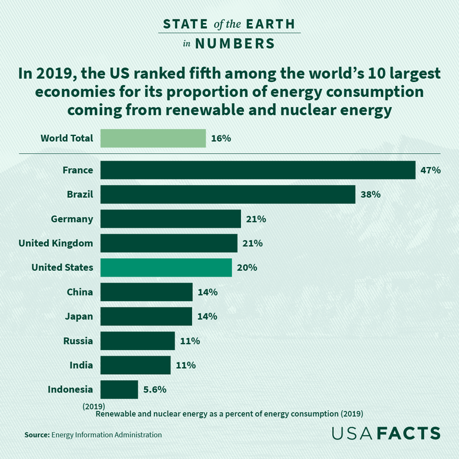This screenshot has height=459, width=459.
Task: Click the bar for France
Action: [x=258, y=170]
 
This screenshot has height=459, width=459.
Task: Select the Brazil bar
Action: [x=228, y=195]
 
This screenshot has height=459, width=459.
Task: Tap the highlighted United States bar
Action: [x=166, y=267]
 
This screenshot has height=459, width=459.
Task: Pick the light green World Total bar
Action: [x=153, y=138]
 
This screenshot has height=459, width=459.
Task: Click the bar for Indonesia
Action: [x=119, y=389]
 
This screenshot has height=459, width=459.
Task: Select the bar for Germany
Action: [x=170, y=219]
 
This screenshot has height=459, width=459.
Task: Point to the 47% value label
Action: [x=430, y=170]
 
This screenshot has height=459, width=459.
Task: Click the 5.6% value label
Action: [x=155, y=389]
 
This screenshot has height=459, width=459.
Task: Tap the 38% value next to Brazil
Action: [x=371, y=195]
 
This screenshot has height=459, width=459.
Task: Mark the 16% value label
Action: [x=221, y=138]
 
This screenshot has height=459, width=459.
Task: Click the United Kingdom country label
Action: [x=56, y=243]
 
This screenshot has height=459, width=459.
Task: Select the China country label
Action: [x=80, y=292]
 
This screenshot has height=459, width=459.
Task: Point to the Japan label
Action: [x=79, y=316]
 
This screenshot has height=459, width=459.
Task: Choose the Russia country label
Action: [x=78, y=341]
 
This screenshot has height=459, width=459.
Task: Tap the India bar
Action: [x=135, y=365]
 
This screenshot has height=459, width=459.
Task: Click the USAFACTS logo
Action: [x=386, y=433]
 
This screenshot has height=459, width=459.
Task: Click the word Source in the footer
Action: [x=37, y=435]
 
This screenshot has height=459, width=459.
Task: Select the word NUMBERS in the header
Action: [x=234, y=44]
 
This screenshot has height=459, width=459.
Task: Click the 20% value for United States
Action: [x=247, y=267]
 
